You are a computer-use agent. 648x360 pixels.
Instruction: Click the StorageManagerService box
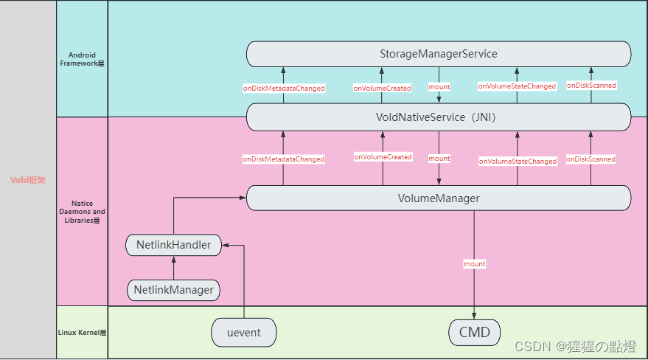[439, 54]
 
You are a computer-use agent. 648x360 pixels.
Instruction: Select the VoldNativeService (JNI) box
[439, 117]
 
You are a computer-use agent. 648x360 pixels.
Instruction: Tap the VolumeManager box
[439, 198]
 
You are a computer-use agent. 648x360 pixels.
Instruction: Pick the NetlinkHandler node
[173, 244]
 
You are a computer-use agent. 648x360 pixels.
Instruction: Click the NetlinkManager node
[173, 290]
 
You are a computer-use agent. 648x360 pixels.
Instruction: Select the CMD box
[474, 332]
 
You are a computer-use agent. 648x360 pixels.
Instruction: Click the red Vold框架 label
[28, 180]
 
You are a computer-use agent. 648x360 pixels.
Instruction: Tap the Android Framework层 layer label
[82, 59]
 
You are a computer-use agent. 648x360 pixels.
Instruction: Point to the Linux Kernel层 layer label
[82, 333]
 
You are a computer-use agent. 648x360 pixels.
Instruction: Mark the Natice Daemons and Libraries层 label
[82, 211]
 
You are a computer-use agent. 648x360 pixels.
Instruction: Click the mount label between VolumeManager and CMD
[474, 263]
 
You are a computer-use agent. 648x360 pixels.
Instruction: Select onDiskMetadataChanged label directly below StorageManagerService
[284, 88]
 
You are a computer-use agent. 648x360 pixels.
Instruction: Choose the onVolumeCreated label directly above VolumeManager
[383, 157]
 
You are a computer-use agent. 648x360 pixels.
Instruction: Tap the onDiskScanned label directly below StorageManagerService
[591, 86]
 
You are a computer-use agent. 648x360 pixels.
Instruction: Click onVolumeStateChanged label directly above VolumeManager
[517, 161]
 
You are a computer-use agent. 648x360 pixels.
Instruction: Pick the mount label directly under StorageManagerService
[439, 87]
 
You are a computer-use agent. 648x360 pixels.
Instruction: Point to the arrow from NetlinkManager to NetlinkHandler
[173, 268]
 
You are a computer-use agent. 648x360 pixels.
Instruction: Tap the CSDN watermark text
[576, 347]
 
